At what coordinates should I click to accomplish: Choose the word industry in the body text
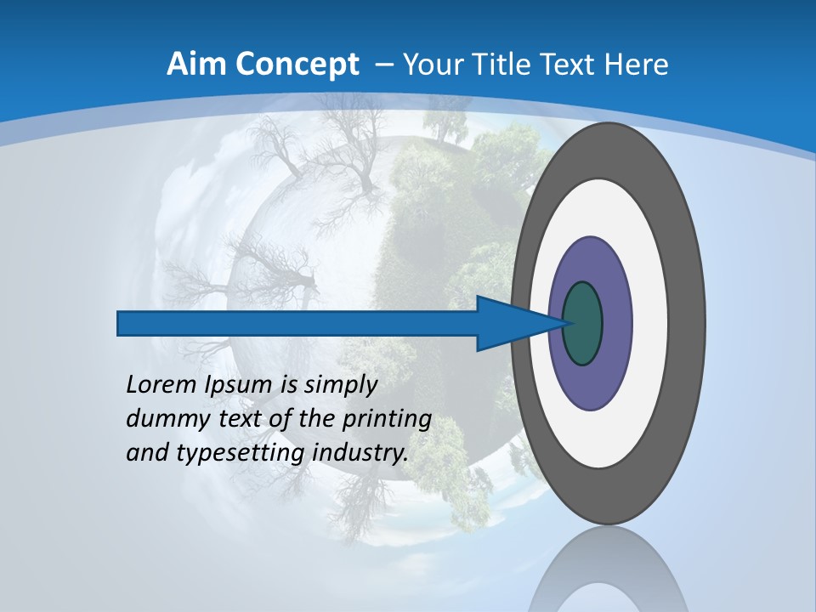[360, 453]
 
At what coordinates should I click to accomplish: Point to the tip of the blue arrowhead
[564, 323]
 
